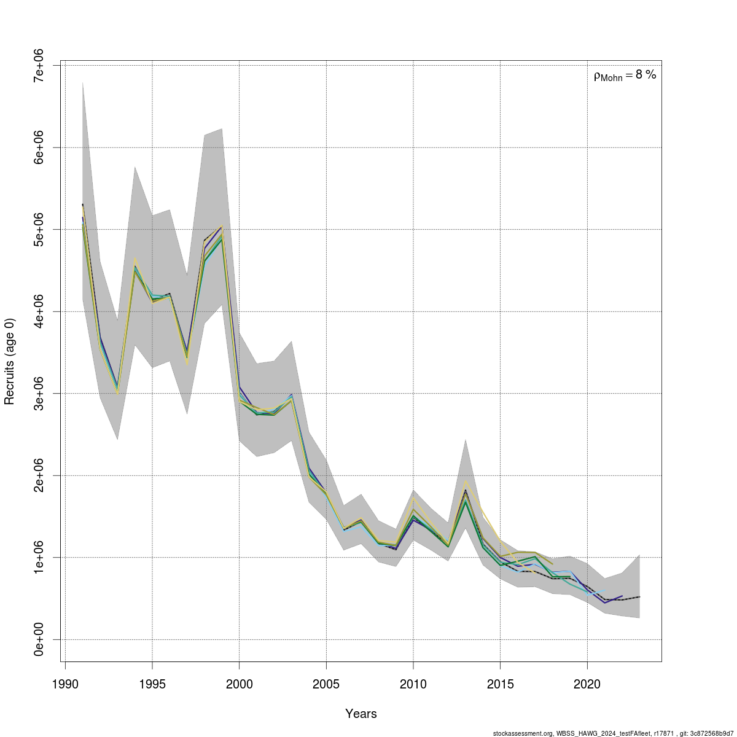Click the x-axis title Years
tap(361, 714)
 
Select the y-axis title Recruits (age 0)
tap(9, 361)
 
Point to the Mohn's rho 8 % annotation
tap(625, 76)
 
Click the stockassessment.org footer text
tap(614, 733)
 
